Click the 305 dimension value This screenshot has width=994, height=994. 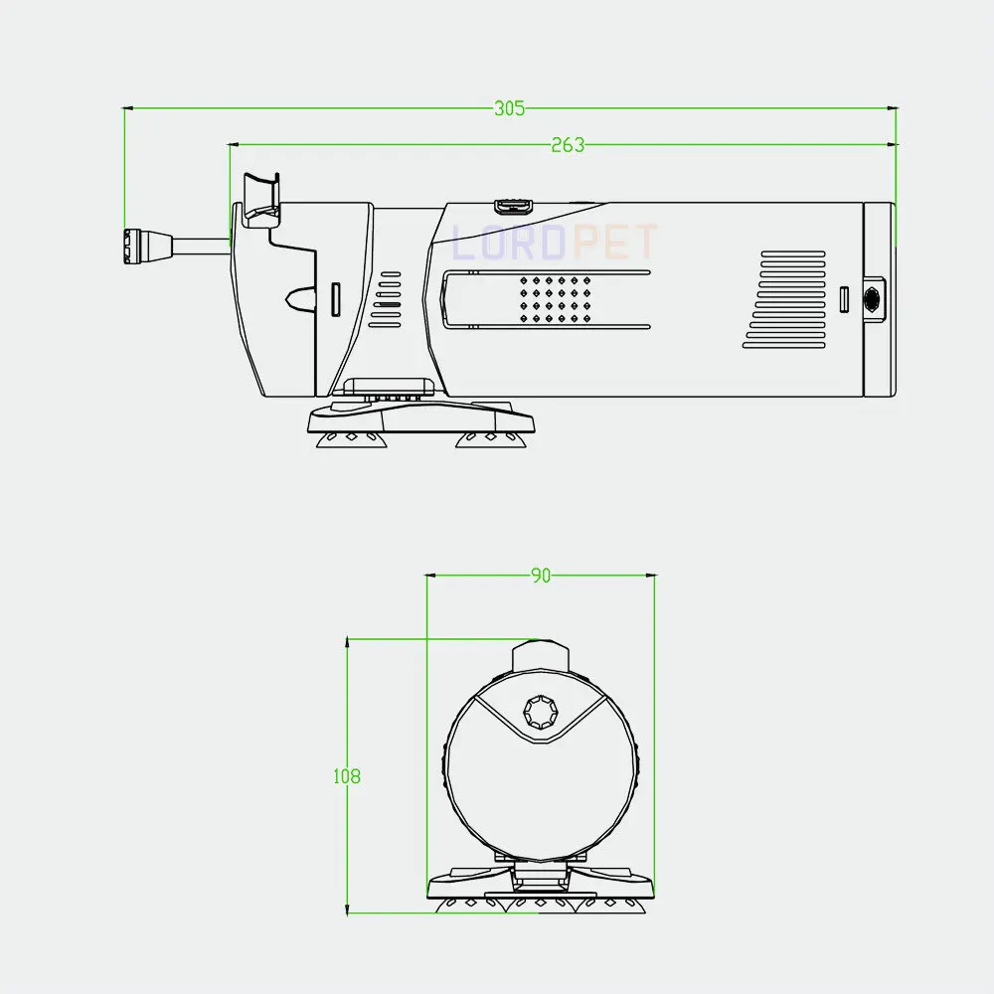click(509, 109)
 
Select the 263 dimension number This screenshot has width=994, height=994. click(567, 145)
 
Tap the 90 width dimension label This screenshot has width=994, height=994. click(540, 576)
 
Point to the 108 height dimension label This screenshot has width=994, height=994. click(346, 776)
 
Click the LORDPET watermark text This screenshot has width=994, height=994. click(555, 242)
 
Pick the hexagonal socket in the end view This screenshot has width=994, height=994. click(542, 711)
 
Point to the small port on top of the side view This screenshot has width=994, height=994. click(513, 206)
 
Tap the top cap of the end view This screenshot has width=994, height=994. click(541, 656)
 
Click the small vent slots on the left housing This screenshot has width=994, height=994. click(387, 299)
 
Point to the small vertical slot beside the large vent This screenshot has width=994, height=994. click(844, 298)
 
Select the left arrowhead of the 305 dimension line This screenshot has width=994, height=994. click(127, 107)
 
